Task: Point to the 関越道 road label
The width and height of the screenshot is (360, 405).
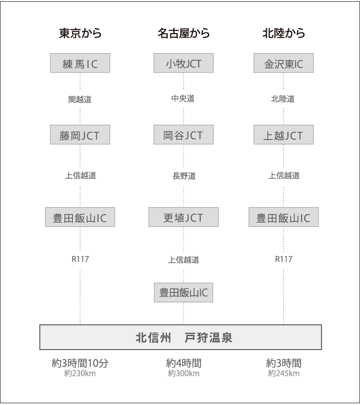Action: (x=80, y=99)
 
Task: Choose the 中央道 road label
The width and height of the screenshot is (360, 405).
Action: (x=183, y=99)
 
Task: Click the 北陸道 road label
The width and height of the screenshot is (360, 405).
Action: (x=283, y=99)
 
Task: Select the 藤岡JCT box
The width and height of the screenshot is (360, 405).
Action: (x=80, y=135)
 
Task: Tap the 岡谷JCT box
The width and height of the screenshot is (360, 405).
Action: (x=183, y=135)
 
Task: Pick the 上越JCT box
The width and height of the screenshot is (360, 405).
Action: (x=283, y=135)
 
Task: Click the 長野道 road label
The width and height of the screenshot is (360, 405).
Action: (x=184, y=176)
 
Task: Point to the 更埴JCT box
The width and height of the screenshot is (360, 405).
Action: (x=184, y=218)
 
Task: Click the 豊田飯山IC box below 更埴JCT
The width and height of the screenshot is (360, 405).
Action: (x=184, y=292)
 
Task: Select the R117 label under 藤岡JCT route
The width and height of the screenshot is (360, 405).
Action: (x=80, y=260)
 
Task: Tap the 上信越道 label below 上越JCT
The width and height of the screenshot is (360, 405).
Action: (x=283, y=176)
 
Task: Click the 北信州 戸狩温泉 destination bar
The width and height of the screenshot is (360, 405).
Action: (x=180, y=337)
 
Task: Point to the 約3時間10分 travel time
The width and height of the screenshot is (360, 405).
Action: (x=80, y=363)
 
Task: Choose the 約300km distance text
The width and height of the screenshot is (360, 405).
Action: (x=184, y=373)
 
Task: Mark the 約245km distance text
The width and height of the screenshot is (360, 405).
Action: (x=283, y=373)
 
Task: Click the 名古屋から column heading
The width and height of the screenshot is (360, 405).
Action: (x=184, y=34)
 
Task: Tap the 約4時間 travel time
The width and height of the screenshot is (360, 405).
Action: (x=184, y=363)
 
